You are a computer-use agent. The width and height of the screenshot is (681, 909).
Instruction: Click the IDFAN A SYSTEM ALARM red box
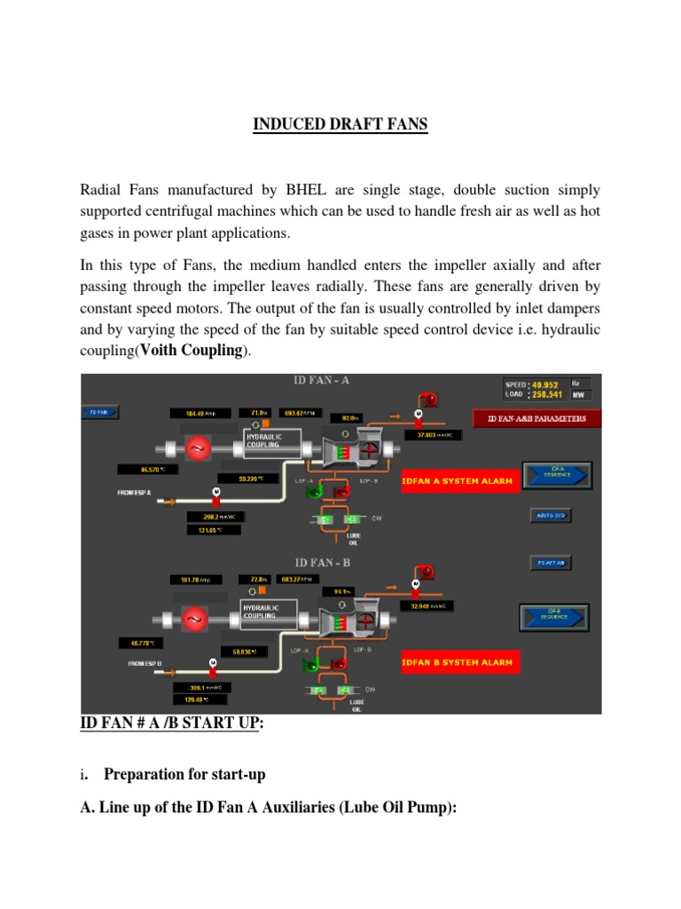tap(458, 480)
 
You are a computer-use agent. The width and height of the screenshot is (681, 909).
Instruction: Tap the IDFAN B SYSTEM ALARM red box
tap(458, 662)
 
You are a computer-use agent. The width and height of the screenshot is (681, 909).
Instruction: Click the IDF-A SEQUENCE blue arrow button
tap(556, 474)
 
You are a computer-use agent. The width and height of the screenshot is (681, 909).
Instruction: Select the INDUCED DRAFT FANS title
tap(340, 125)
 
